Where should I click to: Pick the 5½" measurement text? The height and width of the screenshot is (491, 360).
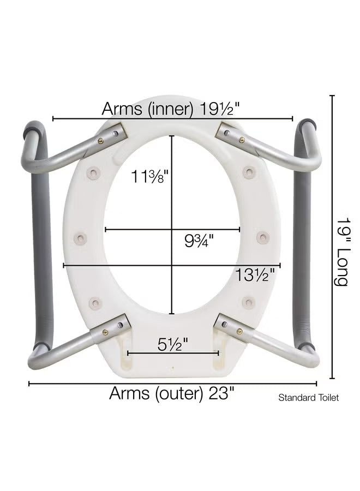click(x=173, y=344)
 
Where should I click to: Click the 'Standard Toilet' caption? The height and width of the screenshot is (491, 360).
click(x=308, y=398)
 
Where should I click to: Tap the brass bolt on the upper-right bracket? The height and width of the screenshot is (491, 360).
click(x=241, y=140)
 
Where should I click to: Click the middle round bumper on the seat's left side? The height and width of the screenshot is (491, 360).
click(x=81, y=237)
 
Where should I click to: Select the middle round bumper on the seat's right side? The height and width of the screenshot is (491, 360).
click(x=262, y=237)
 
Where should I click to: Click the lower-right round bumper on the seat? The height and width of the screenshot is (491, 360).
click(x=248, y=301)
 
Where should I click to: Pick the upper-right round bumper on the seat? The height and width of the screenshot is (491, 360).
click(x=249, y=173)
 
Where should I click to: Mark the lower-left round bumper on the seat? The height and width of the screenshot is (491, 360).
click(x=95, y=301)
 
